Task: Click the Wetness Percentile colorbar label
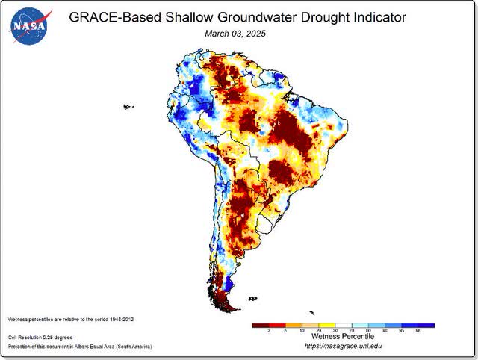click(342, 337)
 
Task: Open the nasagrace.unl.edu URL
click(343, 347)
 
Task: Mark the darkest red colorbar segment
click(261, 326)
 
